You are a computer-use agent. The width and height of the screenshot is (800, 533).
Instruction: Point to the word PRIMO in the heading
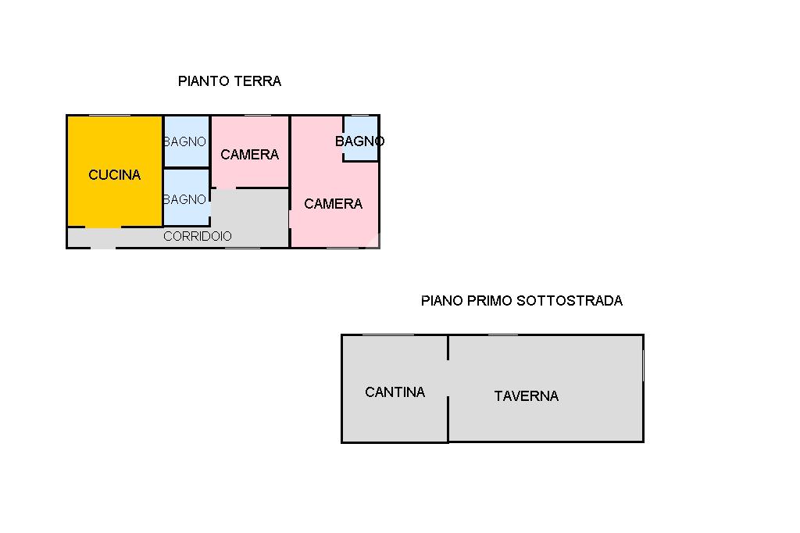490,301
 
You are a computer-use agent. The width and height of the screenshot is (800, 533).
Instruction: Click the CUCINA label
115,175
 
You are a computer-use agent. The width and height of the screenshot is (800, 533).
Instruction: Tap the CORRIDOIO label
198,236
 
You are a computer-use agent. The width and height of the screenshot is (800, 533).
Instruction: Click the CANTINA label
395,392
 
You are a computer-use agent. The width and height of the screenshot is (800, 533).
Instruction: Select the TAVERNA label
527,396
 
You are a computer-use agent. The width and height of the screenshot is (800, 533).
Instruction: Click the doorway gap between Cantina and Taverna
448,378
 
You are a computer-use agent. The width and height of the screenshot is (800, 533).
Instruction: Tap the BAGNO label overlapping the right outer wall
359,141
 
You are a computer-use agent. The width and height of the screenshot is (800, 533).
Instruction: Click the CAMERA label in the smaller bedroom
250,155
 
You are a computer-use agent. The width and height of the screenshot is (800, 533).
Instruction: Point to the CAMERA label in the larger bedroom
334,204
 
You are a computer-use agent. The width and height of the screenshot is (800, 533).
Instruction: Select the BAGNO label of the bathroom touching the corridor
185,199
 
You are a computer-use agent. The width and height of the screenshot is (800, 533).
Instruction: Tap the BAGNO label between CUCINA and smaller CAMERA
185,141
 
